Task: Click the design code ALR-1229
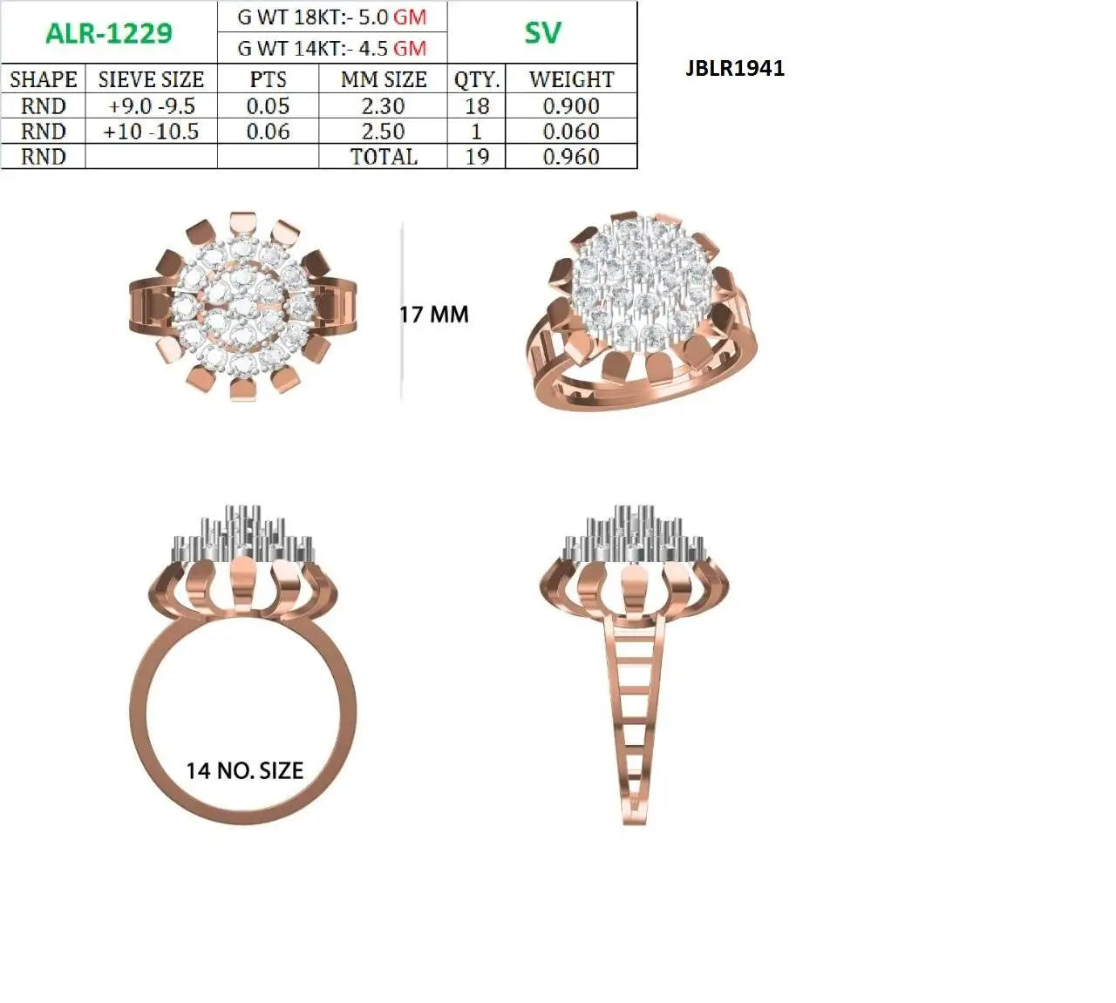tap(109, 34)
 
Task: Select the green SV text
tap(542, 33)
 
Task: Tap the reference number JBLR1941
tap(735, 69)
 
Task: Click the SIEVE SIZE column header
tap(151, 79)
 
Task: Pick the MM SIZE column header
tap(384, 79)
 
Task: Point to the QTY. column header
tap(477, 79)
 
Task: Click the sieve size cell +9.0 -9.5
tap(152, 105)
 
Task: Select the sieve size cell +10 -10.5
tap(152, 132)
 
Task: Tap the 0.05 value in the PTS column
tap(269, 105)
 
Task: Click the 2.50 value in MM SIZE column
tap(384, 132)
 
